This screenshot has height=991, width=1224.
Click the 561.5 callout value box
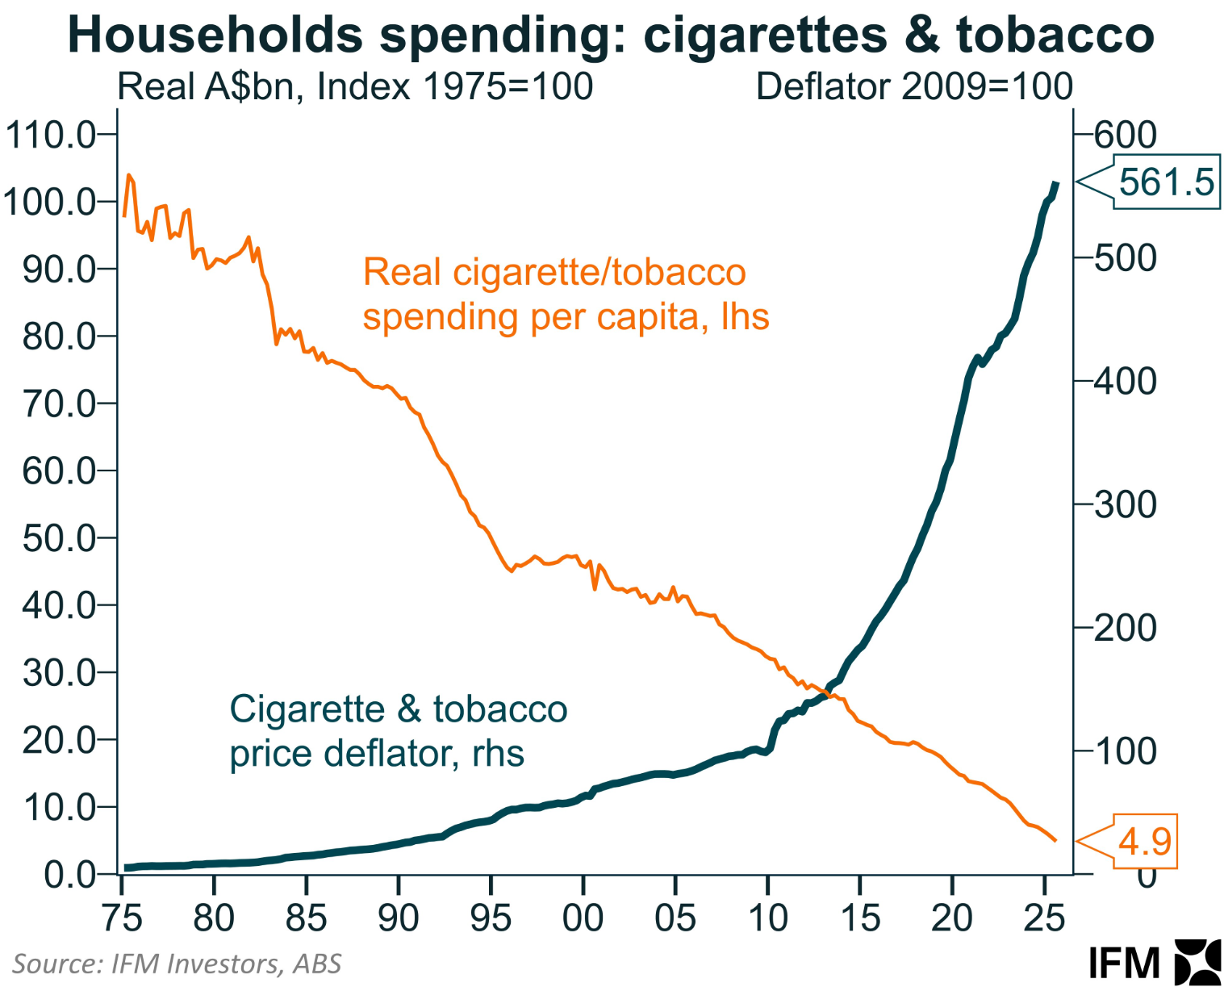tap(1166, 182)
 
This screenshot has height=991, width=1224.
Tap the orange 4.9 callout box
tap(1144, 842)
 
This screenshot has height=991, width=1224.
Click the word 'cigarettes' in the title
tap(765, 36)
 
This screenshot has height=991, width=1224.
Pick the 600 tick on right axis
tap(1125, 135)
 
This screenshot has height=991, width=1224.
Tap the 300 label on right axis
tap(1125, 505)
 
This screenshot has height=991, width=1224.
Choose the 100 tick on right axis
tap(1125, 752)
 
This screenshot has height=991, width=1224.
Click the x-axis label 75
tap(122, 918)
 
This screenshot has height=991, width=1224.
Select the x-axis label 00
tap(583, 918)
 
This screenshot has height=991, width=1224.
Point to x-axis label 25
tap(1044, 918)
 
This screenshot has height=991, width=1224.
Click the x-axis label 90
tap(398, 918)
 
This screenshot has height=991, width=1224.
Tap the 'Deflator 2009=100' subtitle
tap(914, 87)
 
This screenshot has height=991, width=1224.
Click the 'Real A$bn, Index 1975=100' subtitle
tap(355, 87)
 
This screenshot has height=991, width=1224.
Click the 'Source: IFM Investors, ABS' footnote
tap(177, 964)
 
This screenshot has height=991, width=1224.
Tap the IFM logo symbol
tap(1197, 962)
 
